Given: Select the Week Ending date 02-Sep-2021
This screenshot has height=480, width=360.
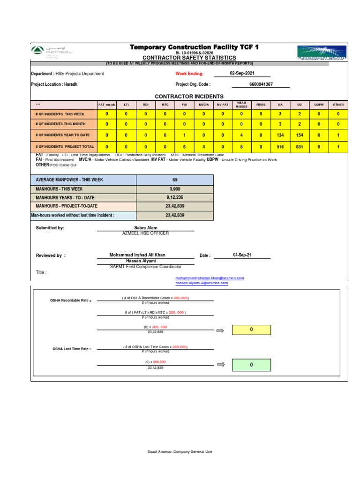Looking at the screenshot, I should [242, 74].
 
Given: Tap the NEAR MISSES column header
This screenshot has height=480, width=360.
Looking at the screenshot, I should [241, 105].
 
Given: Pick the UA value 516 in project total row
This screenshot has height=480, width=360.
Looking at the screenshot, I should [280, 147].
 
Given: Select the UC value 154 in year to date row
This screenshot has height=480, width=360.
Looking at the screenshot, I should [300, 135].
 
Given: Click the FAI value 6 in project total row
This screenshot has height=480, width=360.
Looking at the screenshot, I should [185, 147].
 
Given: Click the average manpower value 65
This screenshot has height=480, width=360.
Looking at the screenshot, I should [175, 180].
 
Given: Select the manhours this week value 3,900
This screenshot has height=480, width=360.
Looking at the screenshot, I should [175, 189].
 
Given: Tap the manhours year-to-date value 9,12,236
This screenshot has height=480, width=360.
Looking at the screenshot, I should [175, 197].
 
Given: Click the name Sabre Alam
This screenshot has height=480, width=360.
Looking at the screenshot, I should [145, 228].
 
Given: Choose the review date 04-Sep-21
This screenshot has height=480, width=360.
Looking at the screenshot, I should [242, 255].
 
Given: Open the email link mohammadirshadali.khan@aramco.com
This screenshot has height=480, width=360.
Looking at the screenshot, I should [210, 278].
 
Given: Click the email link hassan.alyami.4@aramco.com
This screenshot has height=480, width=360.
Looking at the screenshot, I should [202, 283].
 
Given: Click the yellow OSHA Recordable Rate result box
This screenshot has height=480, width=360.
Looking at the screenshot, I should [251, 330].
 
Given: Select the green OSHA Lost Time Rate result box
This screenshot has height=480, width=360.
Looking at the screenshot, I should [251, 365].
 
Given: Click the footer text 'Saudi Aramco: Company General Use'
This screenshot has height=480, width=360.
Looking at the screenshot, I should [180, 451].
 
